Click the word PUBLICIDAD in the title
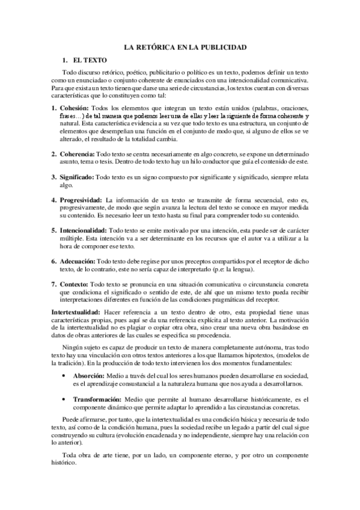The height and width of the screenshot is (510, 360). [220, 46]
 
